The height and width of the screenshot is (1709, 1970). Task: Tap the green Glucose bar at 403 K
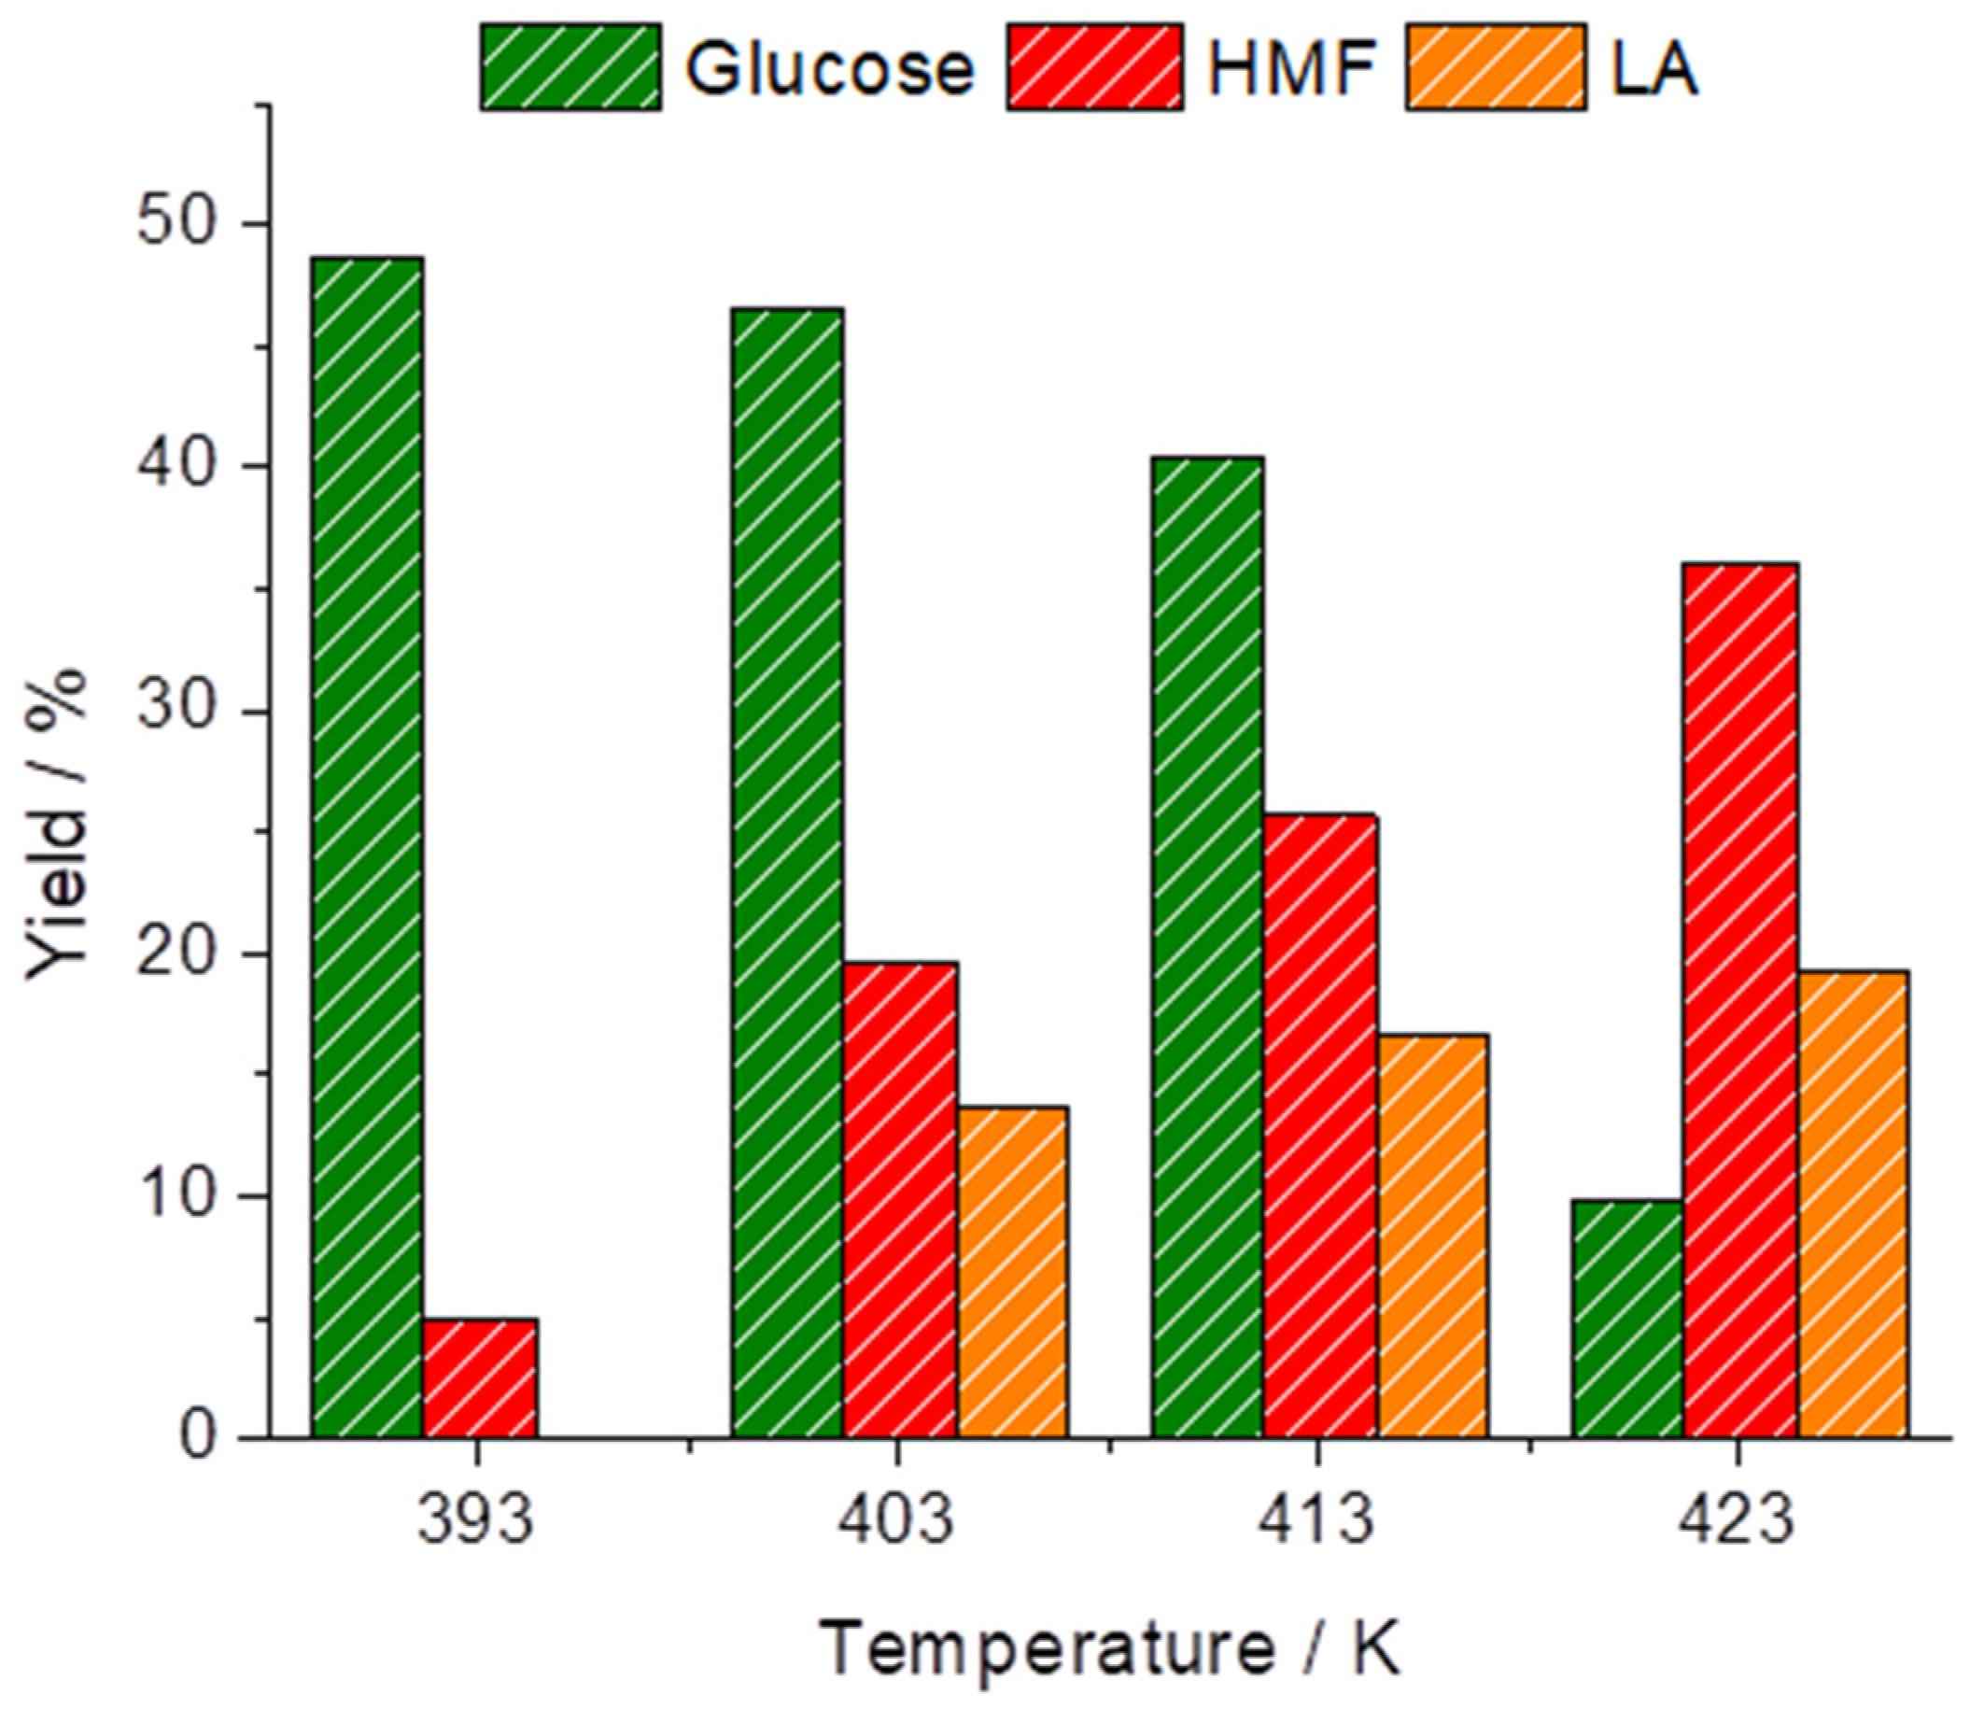[x=787, y=871]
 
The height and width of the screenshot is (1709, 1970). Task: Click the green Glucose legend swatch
[x=570, y=68]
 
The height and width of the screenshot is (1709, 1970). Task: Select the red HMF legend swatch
[x=1094, y=68]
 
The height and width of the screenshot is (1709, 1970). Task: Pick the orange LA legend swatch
[x=1495, y=68]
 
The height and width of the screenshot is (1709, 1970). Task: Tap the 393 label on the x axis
[x=476, y=1520]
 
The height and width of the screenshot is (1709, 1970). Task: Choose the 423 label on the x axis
[x=1737, y=1520]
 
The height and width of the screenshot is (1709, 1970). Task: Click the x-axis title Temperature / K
[x=1111, y=1649]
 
